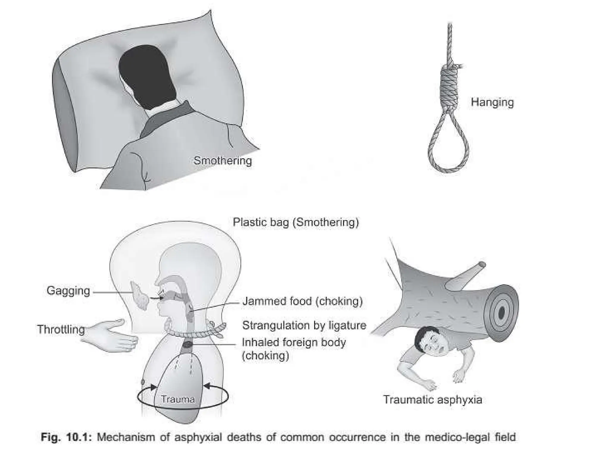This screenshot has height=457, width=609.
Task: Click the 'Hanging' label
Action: click(x=492, y=103)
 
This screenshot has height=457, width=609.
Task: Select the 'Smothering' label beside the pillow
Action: click(x=223, y=161)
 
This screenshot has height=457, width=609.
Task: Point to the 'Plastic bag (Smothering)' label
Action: click(x=296, y=222)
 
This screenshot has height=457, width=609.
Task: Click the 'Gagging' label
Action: click(x=68, y=291)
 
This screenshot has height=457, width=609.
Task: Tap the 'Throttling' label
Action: click(x=61, y=329)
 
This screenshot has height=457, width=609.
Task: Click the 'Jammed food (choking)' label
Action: click(x=303, y=301)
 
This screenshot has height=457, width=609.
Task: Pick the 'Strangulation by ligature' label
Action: click(x=304, y=325)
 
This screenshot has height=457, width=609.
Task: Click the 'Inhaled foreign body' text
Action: click(x=294, y=342)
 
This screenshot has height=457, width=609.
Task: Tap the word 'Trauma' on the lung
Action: click(x=178, y=399)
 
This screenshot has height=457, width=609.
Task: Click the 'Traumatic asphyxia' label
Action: click(x=433, y=400)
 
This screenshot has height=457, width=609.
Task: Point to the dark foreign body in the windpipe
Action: click(x=188, y=345)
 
